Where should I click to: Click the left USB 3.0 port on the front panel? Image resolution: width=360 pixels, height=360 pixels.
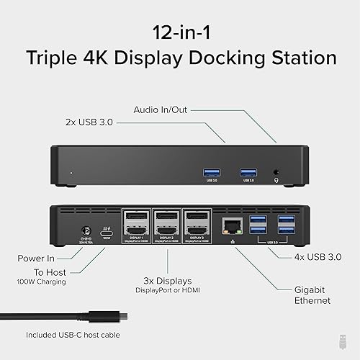(x=210, y=171)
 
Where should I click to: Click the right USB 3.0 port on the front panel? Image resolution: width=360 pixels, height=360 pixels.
(x=248, y=171)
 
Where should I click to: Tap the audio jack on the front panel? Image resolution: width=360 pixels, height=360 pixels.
(x=277, y=172)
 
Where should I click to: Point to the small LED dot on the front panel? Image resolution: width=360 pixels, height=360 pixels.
(x=70, y=173)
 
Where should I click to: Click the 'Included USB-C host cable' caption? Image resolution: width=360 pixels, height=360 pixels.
(x=73, y=334)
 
